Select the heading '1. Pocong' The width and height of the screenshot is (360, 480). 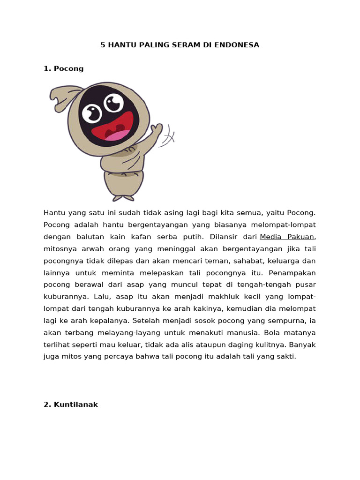[63, 68]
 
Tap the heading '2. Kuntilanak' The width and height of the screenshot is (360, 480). [70, 405]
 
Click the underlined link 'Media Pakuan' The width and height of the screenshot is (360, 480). [287, 237]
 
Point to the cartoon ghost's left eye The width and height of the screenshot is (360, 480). [92, 112]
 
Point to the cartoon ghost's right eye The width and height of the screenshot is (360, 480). [113, 102]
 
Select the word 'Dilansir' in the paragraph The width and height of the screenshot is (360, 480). [223, 237]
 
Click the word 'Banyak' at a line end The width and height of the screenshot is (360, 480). [303, 345]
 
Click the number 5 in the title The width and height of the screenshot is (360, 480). [103, 45]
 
